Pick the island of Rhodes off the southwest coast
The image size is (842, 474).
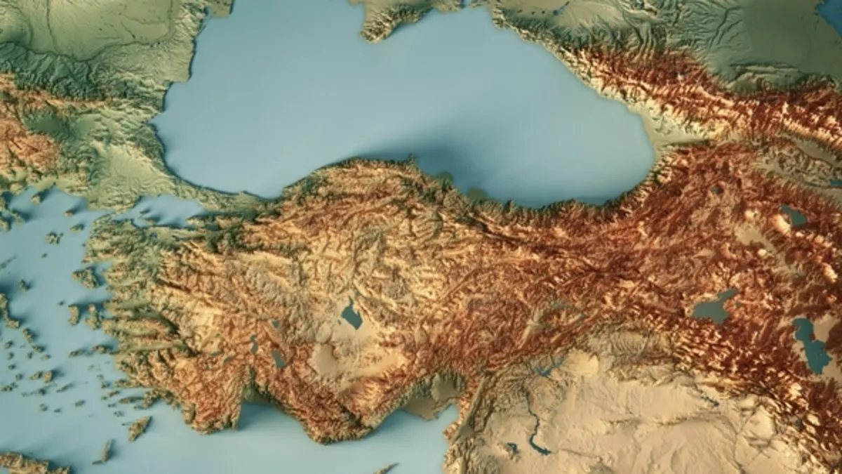coord(139,428)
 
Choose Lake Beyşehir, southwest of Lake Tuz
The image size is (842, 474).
coord(279,359)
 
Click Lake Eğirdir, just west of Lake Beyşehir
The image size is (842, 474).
coord(254,344)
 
